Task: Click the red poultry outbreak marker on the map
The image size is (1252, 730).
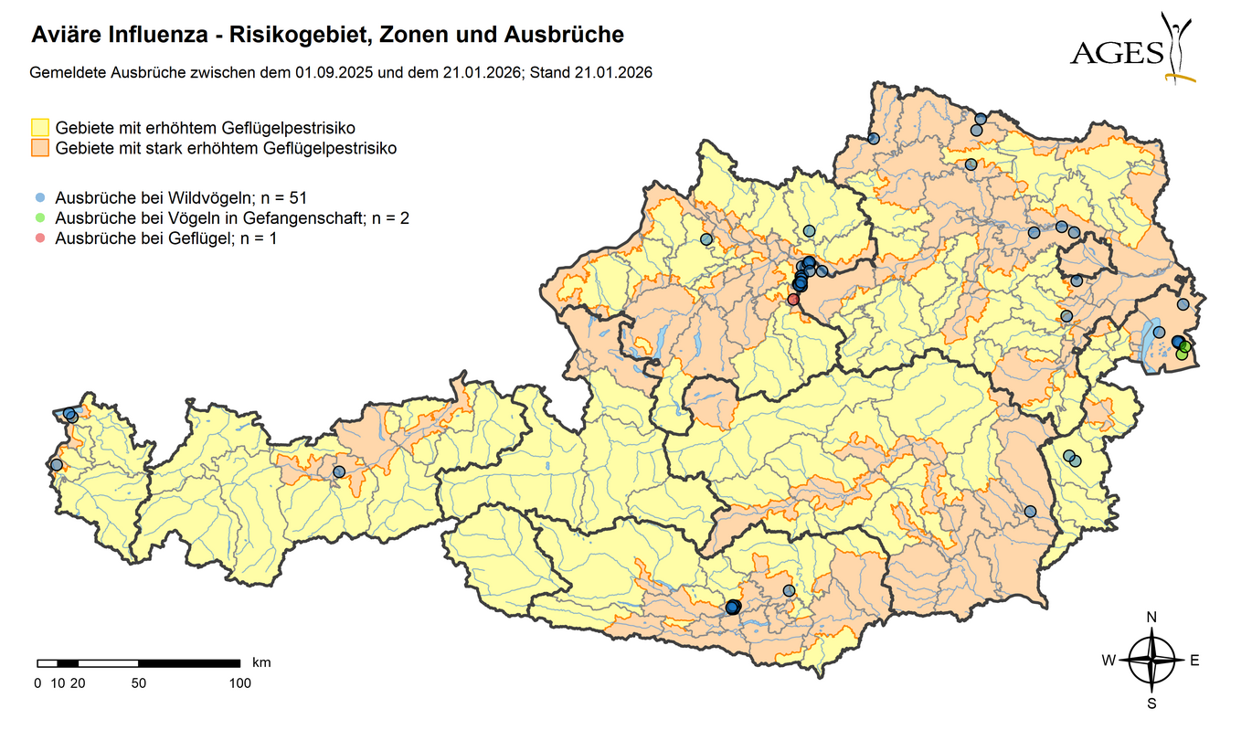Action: (x=793, y=299)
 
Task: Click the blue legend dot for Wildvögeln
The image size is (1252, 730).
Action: (x=41, y=197)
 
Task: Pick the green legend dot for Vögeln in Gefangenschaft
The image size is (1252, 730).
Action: (x=41, y=217)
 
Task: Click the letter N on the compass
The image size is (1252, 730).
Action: (x=1151, y=617)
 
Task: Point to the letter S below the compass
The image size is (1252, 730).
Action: (x=1151, y=704)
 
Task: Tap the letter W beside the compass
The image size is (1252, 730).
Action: (x=1108, y=661)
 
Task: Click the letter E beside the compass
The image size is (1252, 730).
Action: (x=1194, y=661)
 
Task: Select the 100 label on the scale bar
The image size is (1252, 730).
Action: (x=239, y=682)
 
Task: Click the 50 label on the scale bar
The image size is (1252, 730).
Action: (x=138, y=682)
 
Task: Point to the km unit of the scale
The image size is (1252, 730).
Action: (x=261, y=661)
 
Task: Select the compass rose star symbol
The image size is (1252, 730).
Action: (x=1151, y=661)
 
